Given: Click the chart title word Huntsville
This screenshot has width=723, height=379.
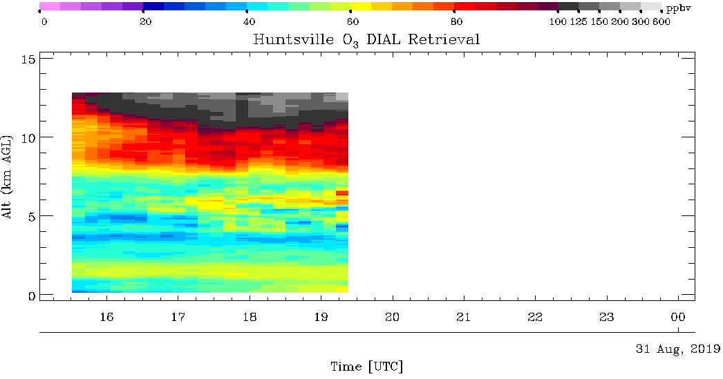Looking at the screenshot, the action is [293, 39].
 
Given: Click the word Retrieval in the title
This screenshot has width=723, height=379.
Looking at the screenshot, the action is [444, 39].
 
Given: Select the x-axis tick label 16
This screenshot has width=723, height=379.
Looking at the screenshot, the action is [107, 317].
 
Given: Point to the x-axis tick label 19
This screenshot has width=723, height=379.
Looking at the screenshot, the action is [321, 317].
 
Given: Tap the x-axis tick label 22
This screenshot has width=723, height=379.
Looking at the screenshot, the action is [535, 317].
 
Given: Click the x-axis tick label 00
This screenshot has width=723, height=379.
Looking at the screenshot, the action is [678, 317].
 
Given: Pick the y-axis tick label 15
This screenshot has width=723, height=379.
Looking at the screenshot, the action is [29, 59].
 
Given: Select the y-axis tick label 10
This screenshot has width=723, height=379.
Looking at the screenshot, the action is [29, 137].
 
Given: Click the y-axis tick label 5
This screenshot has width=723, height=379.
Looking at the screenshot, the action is [32, 217].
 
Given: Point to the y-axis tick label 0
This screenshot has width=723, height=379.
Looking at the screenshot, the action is [32, 295].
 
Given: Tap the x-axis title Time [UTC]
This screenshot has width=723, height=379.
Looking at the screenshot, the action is [367, 367].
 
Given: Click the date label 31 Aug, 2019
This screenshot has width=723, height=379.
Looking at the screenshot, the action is [678, 349].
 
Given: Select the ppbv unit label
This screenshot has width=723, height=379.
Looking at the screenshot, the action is [679, 9].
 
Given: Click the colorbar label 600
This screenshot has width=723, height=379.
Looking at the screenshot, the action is [661, 21].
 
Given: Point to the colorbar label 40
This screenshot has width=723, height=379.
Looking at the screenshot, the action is [249, 21].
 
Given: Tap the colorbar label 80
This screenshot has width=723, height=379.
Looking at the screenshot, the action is [456, 21].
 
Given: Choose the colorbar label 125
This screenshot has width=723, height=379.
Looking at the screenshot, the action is [579, 21].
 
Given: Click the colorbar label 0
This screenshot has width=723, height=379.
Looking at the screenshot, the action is [44, 21].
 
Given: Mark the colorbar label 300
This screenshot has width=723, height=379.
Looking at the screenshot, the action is [641, 21].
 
